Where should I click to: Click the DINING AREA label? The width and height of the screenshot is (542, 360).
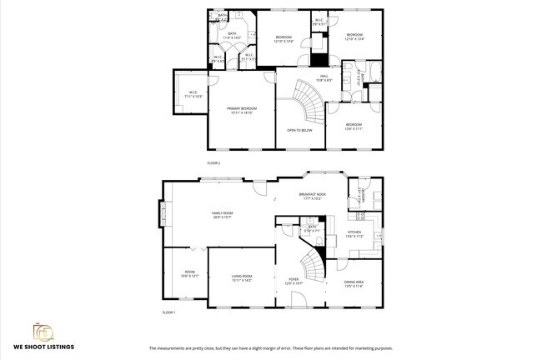354,283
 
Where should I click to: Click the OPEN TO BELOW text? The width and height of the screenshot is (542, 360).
299,131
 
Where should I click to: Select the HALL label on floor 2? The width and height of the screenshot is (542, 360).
324,77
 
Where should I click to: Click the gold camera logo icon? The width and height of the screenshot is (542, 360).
43,331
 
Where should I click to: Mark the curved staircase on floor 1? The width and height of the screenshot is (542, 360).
312,266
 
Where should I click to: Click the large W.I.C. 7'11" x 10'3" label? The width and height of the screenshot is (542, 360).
193,93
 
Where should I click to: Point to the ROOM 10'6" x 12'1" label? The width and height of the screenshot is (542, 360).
190,273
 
